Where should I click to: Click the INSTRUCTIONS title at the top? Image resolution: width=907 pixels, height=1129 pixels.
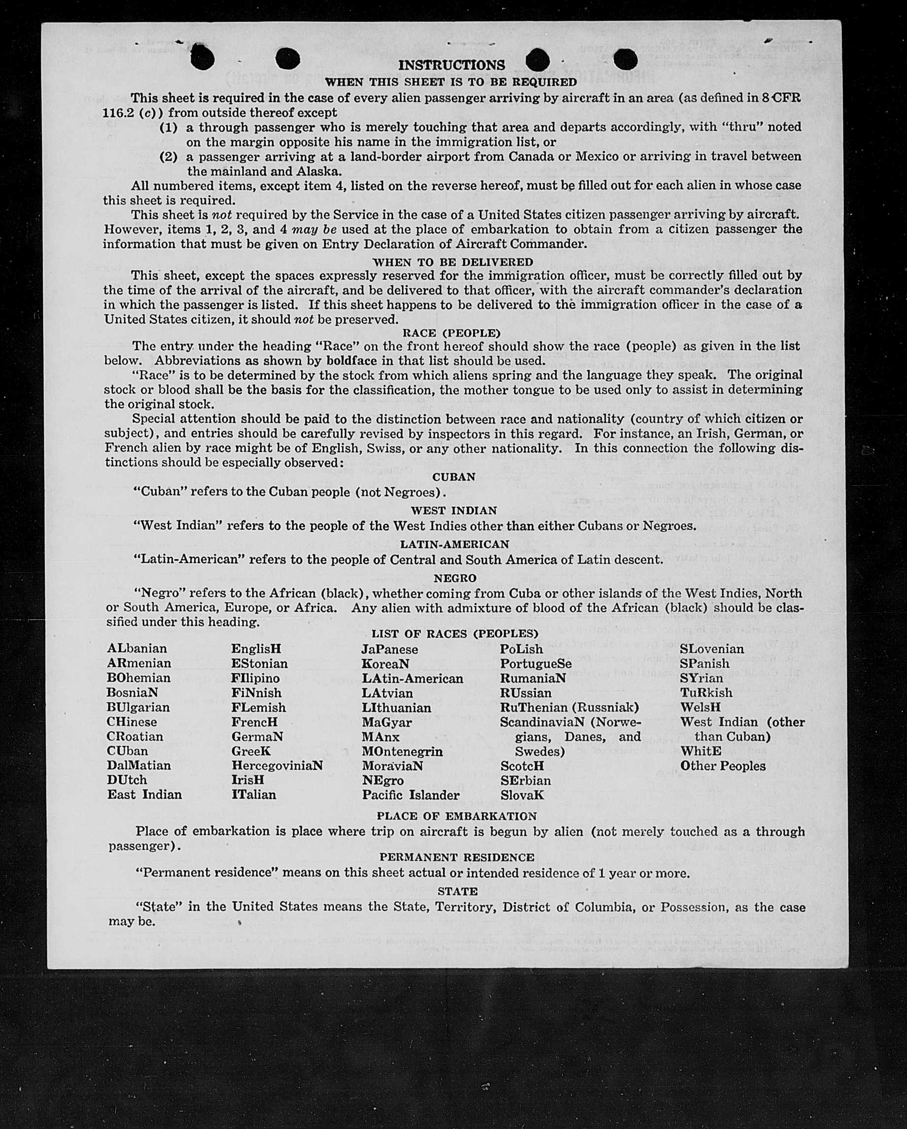[x=452, y=65]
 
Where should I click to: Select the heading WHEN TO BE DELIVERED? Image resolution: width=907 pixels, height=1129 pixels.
[x=453, y=261]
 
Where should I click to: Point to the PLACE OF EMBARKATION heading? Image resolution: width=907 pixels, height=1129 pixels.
[x=456, y=816]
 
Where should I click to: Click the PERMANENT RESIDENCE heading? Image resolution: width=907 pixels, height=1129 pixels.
[x=456, y=857]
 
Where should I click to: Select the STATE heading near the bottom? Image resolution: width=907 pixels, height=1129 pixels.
[x=457, y=891]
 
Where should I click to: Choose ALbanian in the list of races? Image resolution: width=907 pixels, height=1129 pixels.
[x=137, y=649]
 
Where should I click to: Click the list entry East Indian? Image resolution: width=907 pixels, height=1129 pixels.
[x=144, y=794]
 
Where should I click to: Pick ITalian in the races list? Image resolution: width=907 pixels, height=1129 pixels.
[x=253, y=794]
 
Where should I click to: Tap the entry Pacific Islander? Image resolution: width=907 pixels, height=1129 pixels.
[x=411, y=795]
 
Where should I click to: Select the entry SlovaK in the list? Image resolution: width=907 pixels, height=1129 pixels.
[x=522, y=795]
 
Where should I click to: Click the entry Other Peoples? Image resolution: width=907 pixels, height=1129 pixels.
[x=723, y=766]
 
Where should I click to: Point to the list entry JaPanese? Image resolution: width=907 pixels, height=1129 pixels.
[x=389, y=650]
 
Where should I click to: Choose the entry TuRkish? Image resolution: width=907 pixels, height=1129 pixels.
[x=706, y=693]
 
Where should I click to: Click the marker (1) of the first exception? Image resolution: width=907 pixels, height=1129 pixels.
[x=168, y=127]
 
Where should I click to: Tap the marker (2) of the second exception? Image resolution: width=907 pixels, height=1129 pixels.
[x=168, y=157]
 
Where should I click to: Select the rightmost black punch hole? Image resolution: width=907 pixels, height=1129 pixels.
[x=624, y=60]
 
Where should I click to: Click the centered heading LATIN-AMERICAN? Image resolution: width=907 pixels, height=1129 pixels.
[x=454, y=544]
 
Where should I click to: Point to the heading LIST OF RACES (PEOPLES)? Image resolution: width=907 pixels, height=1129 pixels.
[x=454, y=634]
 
